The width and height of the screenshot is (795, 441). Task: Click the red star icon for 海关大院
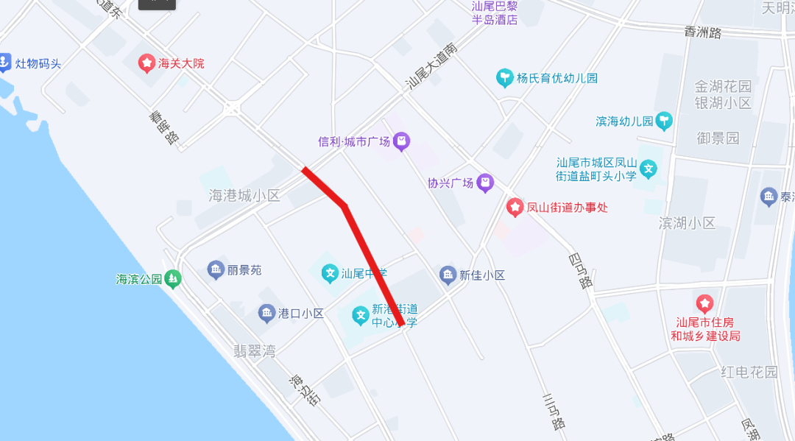click(x=146, y=63)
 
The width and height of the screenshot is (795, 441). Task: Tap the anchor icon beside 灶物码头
click(x=5, y=63)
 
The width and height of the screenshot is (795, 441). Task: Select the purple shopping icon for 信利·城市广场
click(x=401, y=141)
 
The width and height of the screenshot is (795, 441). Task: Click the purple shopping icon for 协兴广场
click(x=485, y=183)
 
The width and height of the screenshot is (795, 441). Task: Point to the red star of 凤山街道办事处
click(x=515, y=207)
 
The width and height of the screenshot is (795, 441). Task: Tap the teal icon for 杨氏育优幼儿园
click(x=504, y=78)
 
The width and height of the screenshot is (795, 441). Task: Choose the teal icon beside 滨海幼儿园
click(x=665, y=121)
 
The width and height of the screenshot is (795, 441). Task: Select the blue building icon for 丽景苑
click(x=216, y=270)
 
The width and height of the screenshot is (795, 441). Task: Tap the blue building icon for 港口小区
click(x=266, y=313)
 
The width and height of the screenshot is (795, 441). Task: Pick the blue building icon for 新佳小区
click(x=448, y=275)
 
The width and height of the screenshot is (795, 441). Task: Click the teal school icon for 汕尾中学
click(x=330, y=274)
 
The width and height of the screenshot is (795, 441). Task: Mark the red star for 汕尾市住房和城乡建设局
click(x=704, y=303)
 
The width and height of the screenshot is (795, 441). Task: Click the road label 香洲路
click(x=703, y=32)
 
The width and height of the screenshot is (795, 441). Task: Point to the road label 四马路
click(x=580, y=271)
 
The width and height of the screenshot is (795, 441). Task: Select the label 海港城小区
click(x=245, y=195)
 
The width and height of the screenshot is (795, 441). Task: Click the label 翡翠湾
click(x=254, y=351)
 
